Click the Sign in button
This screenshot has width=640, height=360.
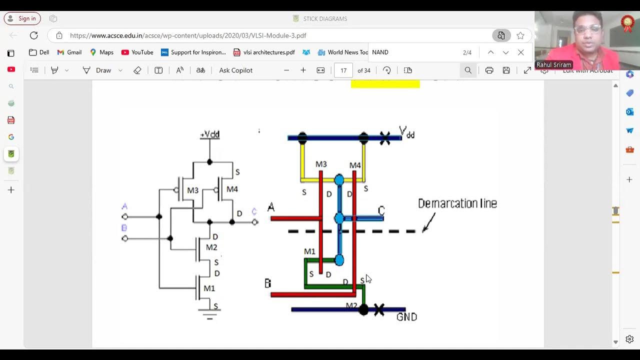(22, 18)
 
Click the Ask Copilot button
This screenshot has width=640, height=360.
(235, 70)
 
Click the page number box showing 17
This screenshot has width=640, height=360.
(343, 70)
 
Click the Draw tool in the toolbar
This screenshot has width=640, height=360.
(97, 70)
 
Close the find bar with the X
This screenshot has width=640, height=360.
(520, 52)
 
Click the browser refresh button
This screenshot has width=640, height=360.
(34, 35)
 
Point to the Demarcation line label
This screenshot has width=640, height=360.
(457, 203)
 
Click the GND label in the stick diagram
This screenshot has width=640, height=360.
(406, 317)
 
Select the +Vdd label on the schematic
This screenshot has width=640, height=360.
(210, 134)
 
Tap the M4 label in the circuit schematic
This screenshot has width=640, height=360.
(232, 189)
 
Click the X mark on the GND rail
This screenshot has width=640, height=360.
(379, 310)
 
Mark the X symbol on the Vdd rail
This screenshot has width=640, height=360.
(384, 138)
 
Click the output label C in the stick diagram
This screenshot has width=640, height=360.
(381, 210)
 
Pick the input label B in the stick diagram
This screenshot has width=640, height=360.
(267, 283)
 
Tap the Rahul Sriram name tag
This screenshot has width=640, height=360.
(553, 65)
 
